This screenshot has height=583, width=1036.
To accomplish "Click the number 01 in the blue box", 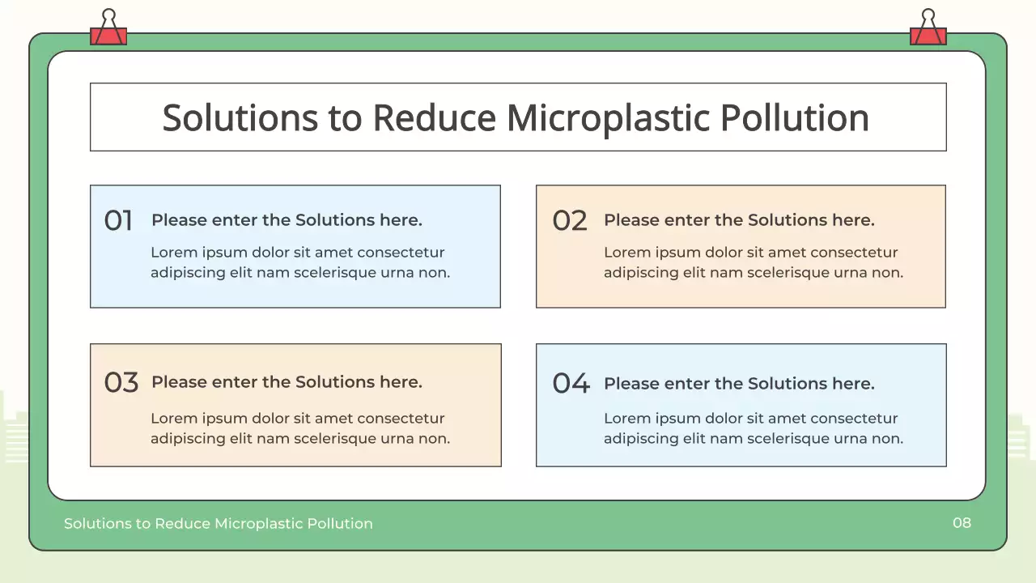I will [118, 220].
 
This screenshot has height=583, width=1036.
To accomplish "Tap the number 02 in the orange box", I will [570, 220].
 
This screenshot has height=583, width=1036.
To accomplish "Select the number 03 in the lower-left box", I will [121, 382].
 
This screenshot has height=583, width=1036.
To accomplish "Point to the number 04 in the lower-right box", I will [571, 383].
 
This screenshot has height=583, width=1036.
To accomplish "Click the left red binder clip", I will [108, 30].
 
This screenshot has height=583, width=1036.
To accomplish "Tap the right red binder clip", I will [928, 30].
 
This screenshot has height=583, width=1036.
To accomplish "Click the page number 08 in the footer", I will [962, 522].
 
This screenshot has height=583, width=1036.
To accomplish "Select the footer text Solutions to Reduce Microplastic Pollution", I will [219, 524].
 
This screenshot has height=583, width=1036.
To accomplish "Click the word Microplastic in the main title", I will [607, 118].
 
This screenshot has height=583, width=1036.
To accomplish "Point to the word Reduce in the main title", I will [434, 118].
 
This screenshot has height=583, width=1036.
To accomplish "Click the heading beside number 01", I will [287, 220].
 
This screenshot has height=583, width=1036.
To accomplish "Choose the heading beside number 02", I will [739, 220].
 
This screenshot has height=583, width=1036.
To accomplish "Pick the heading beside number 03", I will [287, 382].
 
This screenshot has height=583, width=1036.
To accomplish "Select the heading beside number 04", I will [739, 384].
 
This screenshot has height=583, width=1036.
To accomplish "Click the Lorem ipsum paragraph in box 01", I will [299, 262].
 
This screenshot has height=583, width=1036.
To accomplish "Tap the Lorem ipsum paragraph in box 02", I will [753, 262].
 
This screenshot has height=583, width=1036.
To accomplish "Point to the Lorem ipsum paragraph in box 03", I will [299, 428].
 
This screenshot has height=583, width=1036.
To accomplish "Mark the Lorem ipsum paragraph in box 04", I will [753, 428].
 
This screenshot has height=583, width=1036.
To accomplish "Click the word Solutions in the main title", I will [240, 118].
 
